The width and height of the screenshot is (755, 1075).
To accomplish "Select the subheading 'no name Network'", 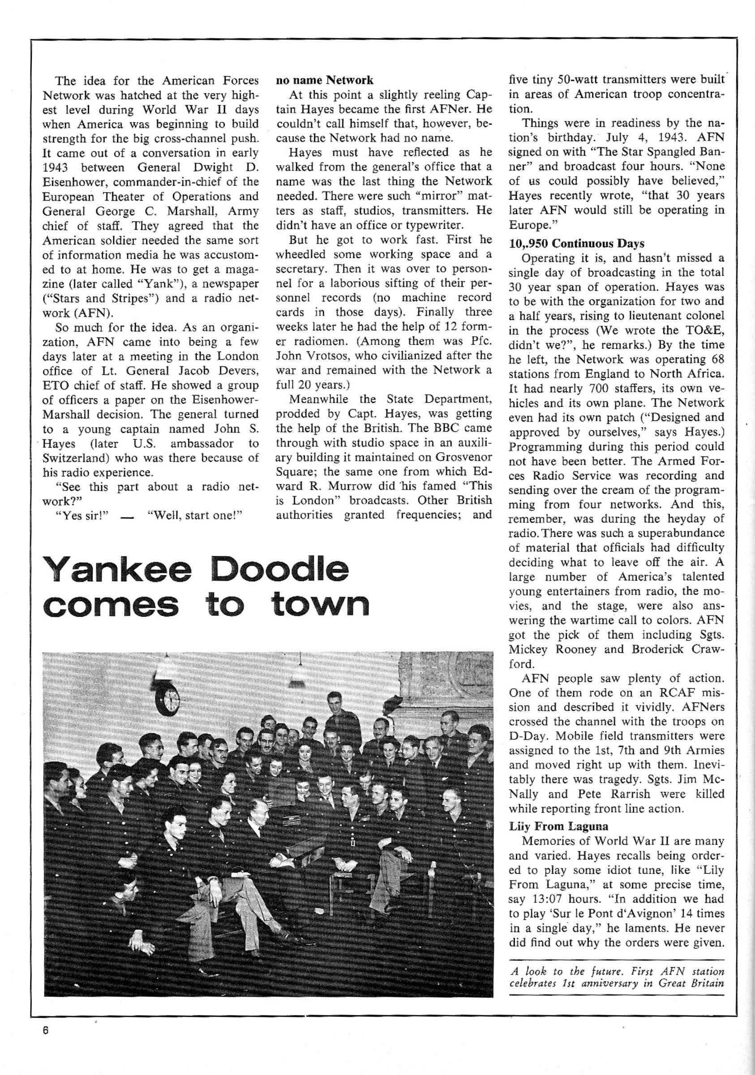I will coord(324,80).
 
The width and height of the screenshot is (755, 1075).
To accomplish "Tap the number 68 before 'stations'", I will coord(716,360).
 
